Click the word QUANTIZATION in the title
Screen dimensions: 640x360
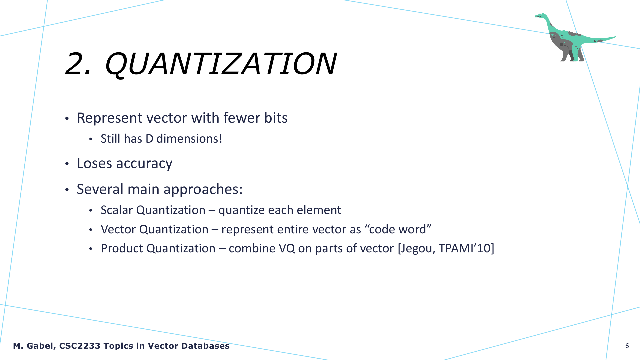tap(221, 64)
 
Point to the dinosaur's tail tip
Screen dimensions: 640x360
tap(615, 37)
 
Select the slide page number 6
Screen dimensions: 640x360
tap(627, 346)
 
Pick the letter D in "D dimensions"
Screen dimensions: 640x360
tap(149, 139)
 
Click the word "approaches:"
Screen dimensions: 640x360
tap(203, 190)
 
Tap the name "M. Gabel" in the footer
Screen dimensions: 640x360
tap(34, 346)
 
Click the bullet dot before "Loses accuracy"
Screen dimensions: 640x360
tap(67, 164)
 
